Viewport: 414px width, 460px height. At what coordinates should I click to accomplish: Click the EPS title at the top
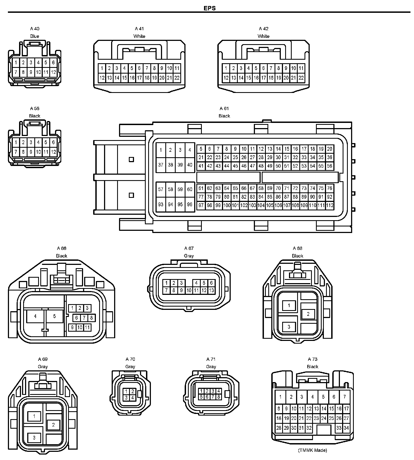click(x=209, y=8)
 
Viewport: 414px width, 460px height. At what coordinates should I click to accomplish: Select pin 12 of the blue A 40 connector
click(x=53, y=72)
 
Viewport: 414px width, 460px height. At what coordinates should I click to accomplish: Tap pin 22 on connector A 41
click(x=177, y=78)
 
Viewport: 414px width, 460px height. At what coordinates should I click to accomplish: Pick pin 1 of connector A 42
click(x=226, y=68)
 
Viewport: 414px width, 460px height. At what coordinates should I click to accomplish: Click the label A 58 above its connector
click(x=35, y=108)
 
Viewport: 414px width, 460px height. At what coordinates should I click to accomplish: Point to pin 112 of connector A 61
click(x=330, y=205)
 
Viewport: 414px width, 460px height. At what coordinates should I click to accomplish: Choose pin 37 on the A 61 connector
click(x=161, y=165)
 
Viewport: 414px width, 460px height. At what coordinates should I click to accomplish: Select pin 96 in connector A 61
click(x=190, y=204)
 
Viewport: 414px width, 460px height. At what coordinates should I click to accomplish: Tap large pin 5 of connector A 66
click(x=54, y=316)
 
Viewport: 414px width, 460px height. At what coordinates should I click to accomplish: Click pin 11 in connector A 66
click(x=87, y=327)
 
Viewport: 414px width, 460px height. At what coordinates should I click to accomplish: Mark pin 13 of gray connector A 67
click(x=211, y=290)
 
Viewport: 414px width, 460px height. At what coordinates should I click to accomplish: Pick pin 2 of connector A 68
click(x=308, y=314)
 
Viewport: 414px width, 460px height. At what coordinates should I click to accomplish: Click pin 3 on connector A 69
click(x=34, y=438)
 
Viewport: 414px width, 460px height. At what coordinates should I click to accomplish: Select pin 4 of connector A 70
click(x=133, y=398)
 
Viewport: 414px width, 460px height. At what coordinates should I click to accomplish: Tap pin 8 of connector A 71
click(x=218, y=397)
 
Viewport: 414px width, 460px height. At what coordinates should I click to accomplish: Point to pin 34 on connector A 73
click(x=346, y=428)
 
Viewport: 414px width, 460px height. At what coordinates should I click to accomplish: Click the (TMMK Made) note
click(x=312, y=450)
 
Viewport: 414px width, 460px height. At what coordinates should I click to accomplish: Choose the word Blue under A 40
click(x=35, y=36)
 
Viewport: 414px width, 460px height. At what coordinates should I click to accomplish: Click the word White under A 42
click(x=263, y=36)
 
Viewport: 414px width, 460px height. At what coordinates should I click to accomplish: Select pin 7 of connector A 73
click(x=345, y=397)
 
